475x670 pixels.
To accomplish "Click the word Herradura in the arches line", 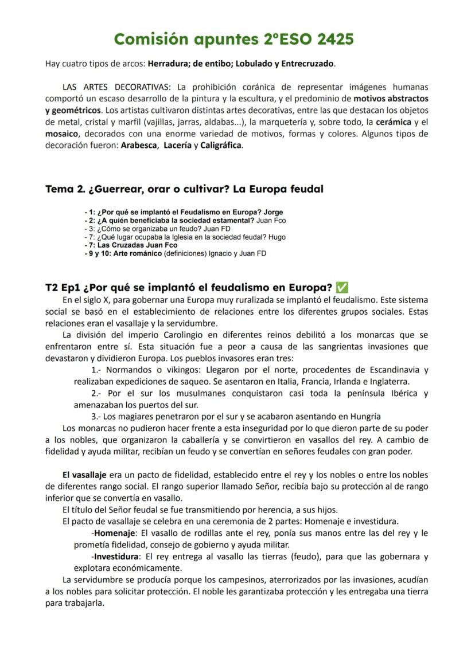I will [x=166, y=64].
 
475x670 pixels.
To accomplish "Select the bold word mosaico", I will [x=61, y=134].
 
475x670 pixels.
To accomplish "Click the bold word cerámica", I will [x=394, y=122].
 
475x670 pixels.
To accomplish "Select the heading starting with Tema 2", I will [x=184, y=189].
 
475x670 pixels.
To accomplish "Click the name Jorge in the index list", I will [x=271, y=213].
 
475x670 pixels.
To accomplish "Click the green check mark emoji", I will [x=342, y=287].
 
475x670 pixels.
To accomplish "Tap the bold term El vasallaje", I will [x=85, y=475].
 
